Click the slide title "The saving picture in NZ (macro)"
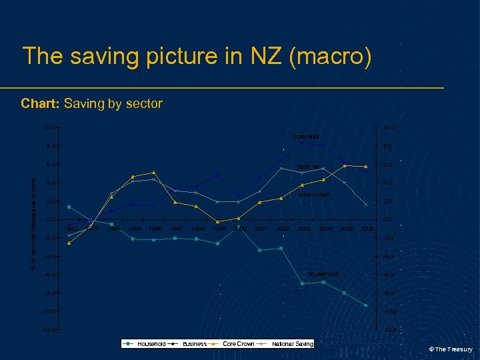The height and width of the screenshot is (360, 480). [197, 56]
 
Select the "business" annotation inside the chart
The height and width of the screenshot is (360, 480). [306, 137]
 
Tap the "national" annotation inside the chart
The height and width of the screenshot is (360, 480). [309, 166]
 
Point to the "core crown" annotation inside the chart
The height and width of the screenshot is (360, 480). [313, 195]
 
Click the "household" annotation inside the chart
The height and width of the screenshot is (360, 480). [323, 274]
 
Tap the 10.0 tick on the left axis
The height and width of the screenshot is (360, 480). [49, 127]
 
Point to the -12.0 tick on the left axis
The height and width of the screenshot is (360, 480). [47, 330]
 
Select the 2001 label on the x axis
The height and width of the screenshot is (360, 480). [261, 229]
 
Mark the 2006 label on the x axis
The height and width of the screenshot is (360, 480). [366, 229]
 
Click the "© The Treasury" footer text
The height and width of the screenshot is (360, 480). [450, 349]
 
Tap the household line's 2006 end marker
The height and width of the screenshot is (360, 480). [366, 305]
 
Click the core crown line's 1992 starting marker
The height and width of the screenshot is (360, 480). [69, 243]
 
